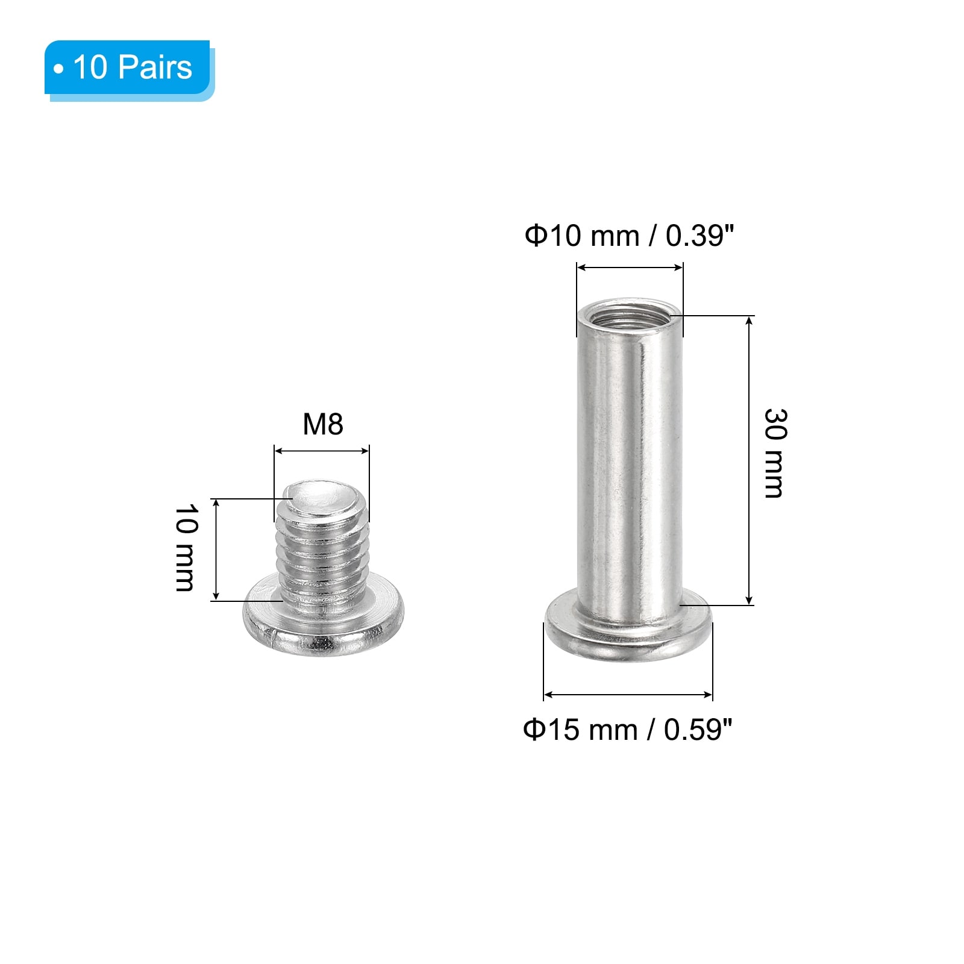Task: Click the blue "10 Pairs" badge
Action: click(x=130, y=70)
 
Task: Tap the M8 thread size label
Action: click(x=323, y=424)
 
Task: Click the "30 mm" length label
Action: click(x=775, y=453)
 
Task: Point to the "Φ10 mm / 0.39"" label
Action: click(x=630, y=236)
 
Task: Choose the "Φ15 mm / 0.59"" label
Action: click(x=628, y=730)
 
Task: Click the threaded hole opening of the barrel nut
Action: click(x=630, y=314)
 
